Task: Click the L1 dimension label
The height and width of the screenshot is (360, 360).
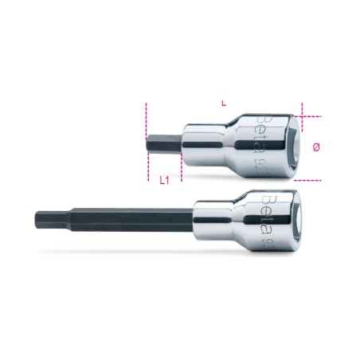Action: (164, 181)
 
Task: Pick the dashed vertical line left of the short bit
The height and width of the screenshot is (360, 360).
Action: (147, 143)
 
